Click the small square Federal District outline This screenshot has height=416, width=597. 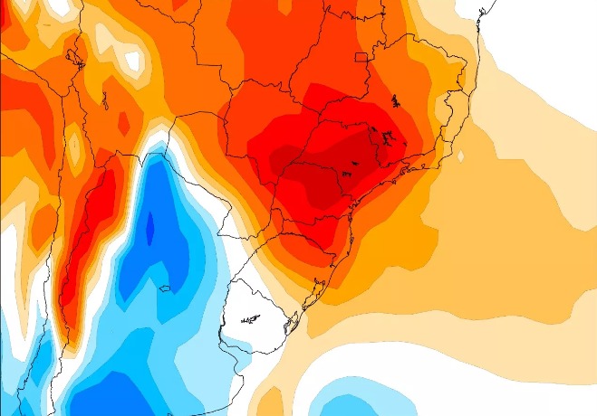click(x=361, y=58)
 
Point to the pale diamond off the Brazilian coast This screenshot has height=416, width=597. click(x=461, y=156)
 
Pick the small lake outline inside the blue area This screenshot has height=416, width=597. click(x=165, y=288)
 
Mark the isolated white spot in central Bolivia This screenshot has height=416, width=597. click(x=134, y=61)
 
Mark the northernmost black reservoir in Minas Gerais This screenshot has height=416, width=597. click(x=395, y=100)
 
